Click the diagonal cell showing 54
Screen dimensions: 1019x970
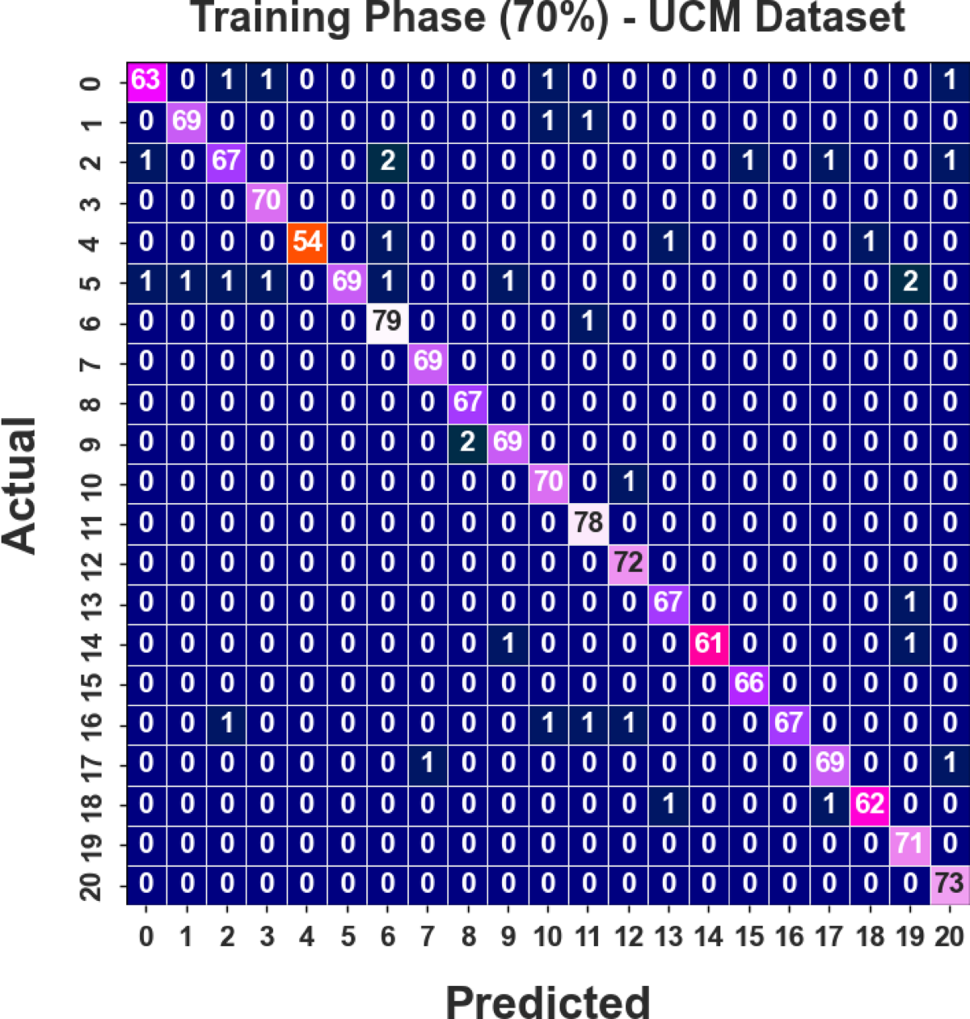pyautogui.click(x=307, y=242)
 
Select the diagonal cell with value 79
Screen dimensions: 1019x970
pyautogui.click(x=387, y=322)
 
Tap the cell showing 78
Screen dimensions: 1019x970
pyautogui.click(x=588, y=522)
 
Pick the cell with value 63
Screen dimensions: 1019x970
pyautogui.click(x=146, y=81)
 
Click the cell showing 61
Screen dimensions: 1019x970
pyautogui.click(x=709, y=643)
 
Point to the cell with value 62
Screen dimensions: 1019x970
pyautogui.click(x=869, y=804)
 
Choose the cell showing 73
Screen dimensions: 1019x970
pyautogui.click(x=949, y=883)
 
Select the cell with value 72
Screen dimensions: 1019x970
pyautogui.click(x=628, y=562)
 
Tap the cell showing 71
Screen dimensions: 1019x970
pyautogui.click(x=909, y=844)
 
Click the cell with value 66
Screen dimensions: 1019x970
pyautogui.click(x=749, y=683)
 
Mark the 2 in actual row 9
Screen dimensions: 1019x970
pyautogui.click(x=468, y=442)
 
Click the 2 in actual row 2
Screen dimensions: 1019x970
pyautogui.click(x=387, y=161)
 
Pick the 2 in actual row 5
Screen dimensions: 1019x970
pyautogui.click(x=909, y=281)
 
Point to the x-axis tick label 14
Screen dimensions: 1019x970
pyautogui.click(x=709, y=937)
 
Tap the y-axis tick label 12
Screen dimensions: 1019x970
pyautogui.click(x=91, y=562)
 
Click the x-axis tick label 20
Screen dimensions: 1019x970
pyautogui.click(x=949, y=937)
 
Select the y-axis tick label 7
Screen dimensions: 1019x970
pyautogui.click(x=91, y=362)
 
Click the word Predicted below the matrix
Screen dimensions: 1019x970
pyautogui.click(x=547, y=1000)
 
